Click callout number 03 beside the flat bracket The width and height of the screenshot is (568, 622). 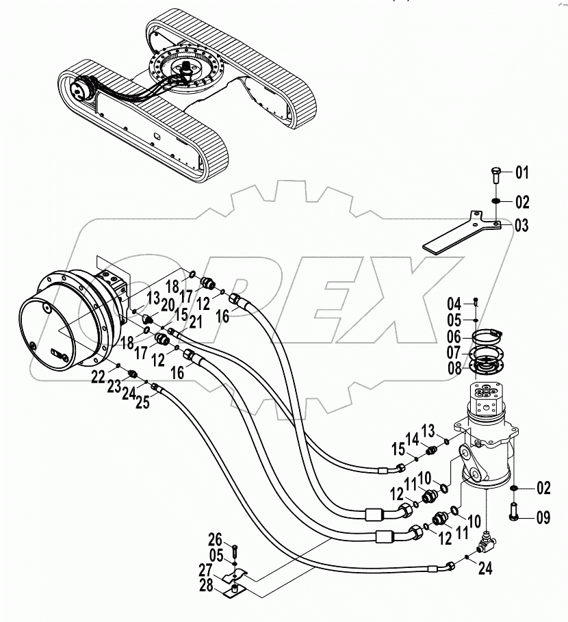coord(522,225)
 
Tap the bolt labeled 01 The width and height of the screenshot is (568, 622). coord(496,175)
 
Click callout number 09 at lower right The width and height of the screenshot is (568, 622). coord(543,518)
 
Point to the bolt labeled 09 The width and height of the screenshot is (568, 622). coord(515,512)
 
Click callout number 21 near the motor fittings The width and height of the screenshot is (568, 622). coord(196,322)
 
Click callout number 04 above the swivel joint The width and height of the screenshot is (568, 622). coord(455,302)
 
